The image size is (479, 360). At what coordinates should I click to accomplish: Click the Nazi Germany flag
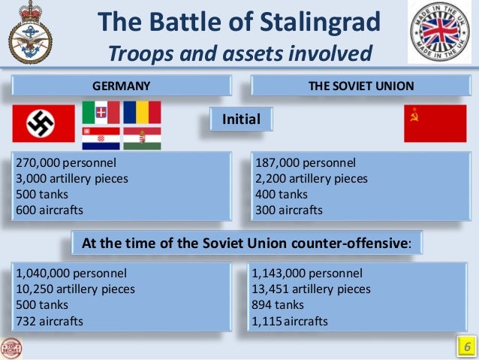(43, 124)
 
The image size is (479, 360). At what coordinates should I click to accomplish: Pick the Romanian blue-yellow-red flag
(142, 112)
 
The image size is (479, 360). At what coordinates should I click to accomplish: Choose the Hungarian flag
(142, 138)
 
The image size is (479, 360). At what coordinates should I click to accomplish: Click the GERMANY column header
(121, 86)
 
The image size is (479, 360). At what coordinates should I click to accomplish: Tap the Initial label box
(240, 119)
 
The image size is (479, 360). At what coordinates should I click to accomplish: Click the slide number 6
(465, 347)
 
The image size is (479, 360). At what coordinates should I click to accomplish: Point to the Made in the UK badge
(441, 33)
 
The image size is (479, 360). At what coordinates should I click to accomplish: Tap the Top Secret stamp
(13, 347)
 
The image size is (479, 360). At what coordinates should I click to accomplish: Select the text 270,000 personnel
(65, 162)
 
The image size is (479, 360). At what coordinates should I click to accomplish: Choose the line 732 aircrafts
(49, 321)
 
